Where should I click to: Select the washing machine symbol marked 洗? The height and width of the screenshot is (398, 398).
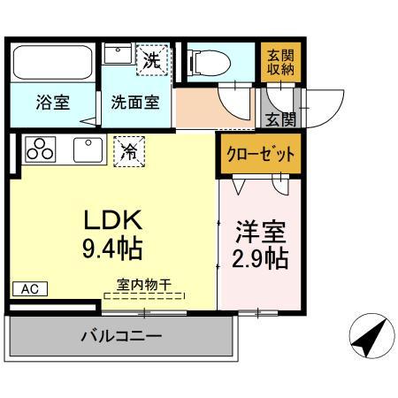[x=153, y=61]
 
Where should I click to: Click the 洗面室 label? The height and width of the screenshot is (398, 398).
[x=135, y=102]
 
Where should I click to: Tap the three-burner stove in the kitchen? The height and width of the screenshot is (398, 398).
[x=40, y=150]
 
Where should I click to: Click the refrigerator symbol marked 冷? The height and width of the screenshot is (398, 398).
[x=129, y=150]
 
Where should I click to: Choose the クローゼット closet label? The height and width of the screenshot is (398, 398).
[x=258, y=153]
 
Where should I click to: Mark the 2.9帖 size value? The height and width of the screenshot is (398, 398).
[x=261, y=261]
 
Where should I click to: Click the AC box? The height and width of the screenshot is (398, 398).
[x=29, y=288]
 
